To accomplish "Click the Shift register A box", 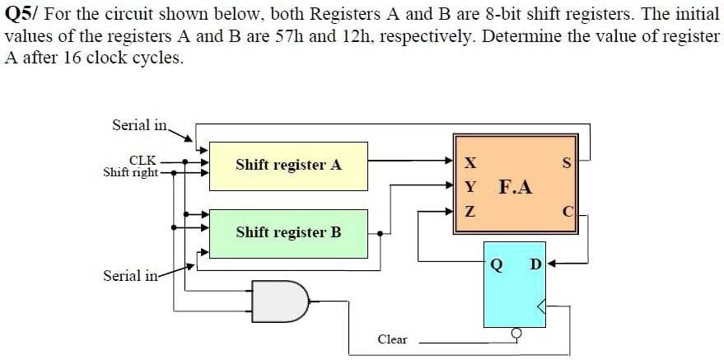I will pyautogui.click(x=288, y=165).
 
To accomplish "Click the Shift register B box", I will pyautogui.click(x=288, y=232).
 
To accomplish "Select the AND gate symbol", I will pyautogui.click(x=280, y=300).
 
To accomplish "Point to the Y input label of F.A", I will pyautogui.click(x=469, y=187).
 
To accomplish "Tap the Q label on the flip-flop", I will pyautogui.click(x=496, y=264).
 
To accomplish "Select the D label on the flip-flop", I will pyautogui.click(x=535, y=264).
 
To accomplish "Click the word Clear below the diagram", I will pyautogui.click(x=392, y=339).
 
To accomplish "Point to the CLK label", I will pyautogui.click(x=142, y=161).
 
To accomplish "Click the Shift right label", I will pyautogui.click(x=130, y=173).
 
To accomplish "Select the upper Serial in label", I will pyautogui.click(x=139, y=125).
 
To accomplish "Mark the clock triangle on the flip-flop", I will pyautogui.click(x=540, y=308).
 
